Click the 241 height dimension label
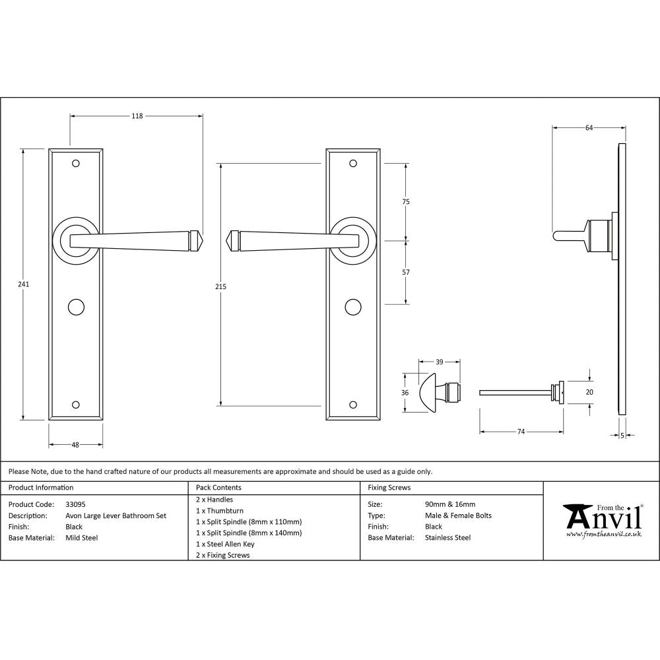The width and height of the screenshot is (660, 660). click(x=24, y=284)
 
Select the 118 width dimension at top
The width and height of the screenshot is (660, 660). click(x=137, y=116)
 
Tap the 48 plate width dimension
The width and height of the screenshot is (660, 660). click(x=75, y=445)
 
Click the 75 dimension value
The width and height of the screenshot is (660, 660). click(x=406, y=202)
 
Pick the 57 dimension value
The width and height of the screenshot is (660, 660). click(x=406, y=272)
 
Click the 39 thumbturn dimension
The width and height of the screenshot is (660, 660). click(x=439, y=362)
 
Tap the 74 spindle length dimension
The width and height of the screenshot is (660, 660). click(x=521, y=432)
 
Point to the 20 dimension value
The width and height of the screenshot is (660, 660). click(x=589, y=391)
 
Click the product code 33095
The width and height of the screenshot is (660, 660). click(x=75, y=504)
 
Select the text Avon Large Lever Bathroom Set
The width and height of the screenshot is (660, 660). click(x=115, y=515)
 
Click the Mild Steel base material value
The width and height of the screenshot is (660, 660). click(x=82, y=538)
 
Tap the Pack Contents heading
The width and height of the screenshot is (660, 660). click(x=218, y=488)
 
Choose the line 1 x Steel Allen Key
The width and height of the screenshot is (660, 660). click(x=225, y=544)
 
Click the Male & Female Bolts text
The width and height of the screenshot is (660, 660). click(x=458, y=515)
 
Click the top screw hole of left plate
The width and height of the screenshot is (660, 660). click(x=76, y=163)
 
